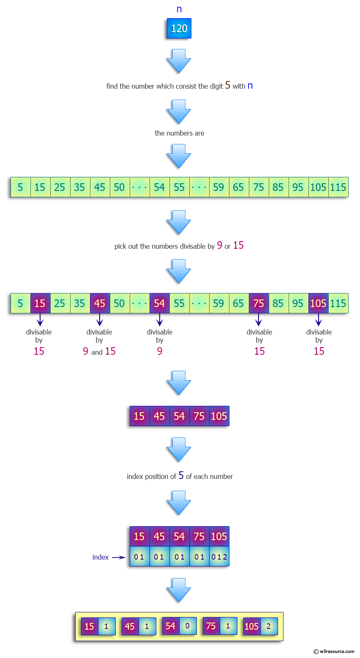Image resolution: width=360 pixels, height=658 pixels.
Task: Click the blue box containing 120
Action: [179, 28]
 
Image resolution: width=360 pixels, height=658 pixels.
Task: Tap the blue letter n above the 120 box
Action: [179, 9]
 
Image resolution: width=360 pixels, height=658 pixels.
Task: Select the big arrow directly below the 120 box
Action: [179, 61]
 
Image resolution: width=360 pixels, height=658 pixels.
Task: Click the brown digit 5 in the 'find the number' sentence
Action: [228, 85]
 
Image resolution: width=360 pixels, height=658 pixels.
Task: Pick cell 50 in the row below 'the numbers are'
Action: [120, 187]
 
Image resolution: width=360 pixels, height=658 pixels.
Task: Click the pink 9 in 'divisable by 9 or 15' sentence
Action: [220, 245]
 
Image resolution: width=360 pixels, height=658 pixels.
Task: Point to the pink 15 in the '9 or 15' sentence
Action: [238, 245]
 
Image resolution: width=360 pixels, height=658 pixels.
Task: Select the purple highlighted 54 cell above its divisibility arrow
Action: [159, 303]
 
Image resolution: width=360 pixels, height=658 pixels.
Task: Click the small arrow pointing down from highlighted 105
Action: [319, 319]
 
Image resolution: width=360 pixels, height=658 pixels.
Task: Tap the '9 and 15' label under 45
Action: [99, 351]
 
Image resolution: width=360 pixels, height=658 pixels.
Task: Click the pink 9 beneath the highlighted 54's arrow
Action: [160, 351]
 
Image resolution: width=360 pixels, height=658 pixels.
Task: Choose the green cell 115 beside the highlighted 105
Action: [338, 303]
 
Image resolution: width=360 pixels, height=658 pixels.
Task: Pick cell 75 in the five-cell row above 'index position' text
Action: [199, 416]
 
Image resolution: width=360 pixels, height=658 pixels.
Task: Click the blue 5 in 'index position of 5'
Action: [181, 476]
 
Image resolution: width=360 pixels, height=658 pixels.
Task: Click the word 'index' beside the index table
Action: [101, 557]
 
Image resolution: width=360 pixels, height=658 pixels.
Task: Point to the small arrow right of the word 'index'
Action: [119, 557]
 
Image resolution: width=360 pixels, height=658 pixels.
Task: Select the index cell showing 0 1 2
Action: [219, 557]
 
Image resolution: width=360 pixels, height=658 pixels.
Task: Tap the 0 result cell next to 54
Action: [188, 626]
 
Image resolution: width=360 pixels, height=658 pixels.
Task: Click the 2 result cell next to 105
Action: [269, 626]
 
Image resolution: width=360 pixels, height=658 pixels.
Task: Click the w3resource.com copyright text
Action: [334, 651]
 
